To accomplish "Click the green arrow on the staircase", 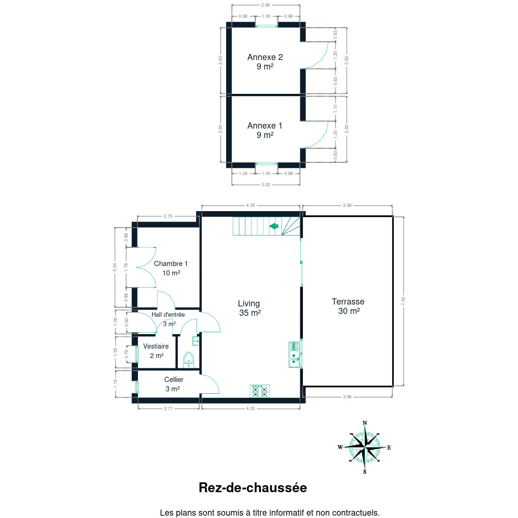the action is pyautogui.click(x=274, y=226).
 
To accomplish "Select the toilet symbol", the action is pyautogui.click(x=189, y=360).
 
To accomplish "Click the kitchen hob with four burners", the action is pyautogui.click(x=259, y=391).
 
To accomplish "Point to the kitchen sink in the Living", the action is pyautogui.click(x=294, y=355).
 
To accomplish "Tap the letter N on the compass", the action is pyautogui.click(x=365, y=423).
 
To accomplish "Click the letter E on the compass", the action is pyautogui.click(x=389, y=448).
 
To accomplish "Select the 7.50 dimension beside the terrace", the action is pyautogui.click(x=403, y=301).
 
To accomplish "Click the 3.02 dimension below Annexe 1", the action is pyautogui.click(x=266, y=185).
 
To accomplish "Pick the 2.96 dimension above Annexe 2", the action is pyautogui.click(x=266, y=5).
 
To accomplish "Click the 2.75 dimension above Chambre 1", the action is pyautogui.click(x=168, y=216).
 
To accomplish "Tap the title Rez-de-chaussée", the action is pyautogui.click(x=253, y=488).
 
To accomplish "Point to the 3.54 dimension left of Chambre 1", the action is pyautogui.click(x=114, y=267).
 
